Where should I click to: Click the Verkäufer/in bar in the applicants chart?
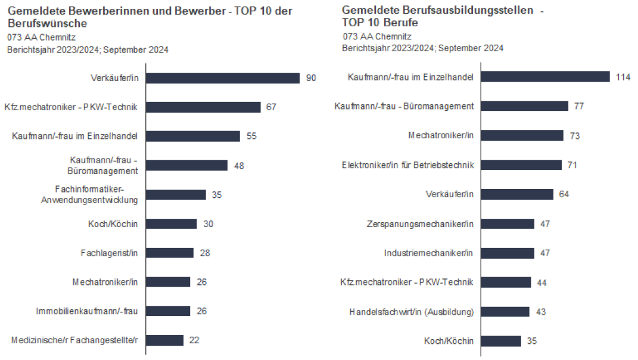tap(222, 78)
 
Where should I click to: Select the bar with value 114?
tap(545, 77)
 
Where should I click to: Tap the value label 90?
tap(311, 78)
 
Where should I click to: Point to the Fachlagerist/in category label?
tap(109, 253)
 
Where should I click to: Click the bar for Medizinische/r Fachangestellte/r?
tap(165, 340)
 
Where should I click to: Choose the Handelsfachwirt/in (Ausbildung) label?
tap(411, 312)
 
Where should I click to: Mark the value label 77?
tap(579, 106)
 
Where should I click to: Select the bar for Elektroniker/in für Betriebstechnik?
tap(521, 165)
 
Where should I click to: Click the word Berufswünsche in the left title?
tap(48, 23)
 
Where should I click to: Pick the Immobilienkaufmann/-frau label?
tap(86, 311)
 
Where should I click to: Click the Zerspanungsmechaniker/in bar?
tap(508, 224)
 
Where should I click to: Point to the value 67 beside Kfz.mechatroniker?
tap(272, 107)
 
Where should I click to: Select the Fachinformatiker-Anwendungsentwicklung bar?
tap(176, 195)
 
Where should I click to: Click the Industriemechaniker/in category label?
tap(429, 253)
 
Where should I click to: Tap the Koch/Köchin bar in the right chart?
tap(501, 341)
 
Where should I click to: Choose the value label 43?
tap(540, 312)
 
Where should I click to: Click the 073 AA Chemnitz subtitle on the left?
tap(38, 38)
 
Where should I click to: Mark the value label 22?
tap(194, 340)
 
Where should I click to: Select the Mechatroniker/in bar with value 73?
tap(522, 135)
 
